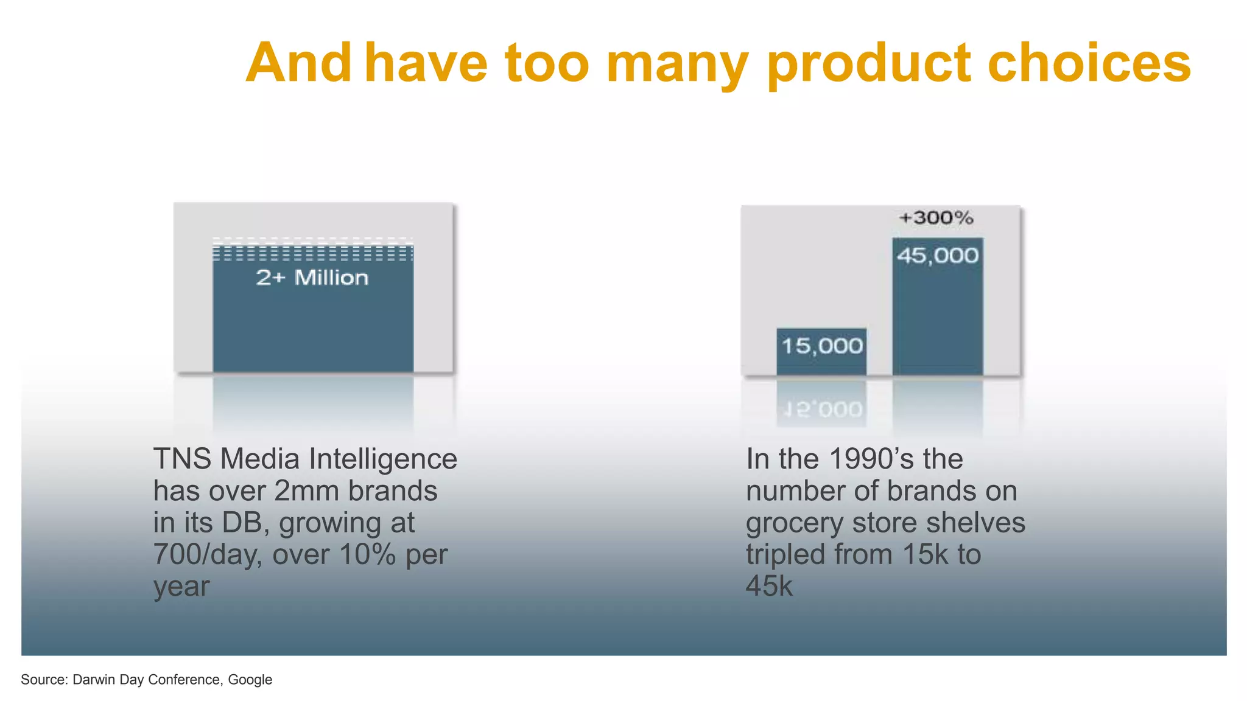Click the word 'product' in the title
(868, 64)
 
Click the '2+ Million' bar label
(312, 278)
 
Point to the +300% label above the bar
(936, 218)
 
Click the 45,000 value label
(938, 256)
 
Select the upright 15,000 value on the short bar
(822, 346)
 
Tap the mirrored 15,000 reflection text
(822, 410)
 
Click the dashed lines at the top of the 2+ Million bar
(312, 249)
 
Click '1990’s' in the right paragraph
(871, 459)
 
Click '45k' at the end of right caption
(769, 586)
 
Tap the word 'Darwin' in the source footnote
(94, 680)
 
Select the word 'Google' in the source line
(250, 680)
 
